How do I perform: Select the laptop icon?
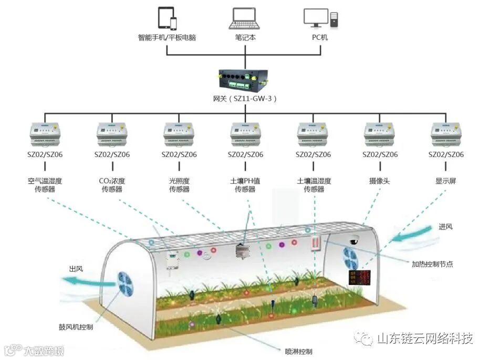click(244, 18)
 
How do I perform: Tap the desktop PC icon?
click(320, 18)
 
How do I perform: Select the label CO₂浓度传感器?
click(112, 185)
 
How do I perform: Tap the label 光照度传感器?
click(179, 185)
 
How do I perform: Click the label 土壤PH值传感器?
click(245, 185)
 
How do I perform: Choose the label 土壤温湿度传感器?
click(314, 185)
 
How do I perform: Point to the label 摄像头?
click(380, 181)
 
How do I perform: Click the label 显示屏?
click(446, 181)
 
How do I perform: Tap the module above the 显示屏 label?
click(446, 134)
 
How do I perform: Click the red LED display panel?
click(360, 278)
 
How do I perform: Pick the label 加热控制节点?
click(432, 264)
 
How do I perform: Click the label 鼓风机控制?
click(76, 327)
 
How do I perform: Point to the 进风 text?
click(445, 227)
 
